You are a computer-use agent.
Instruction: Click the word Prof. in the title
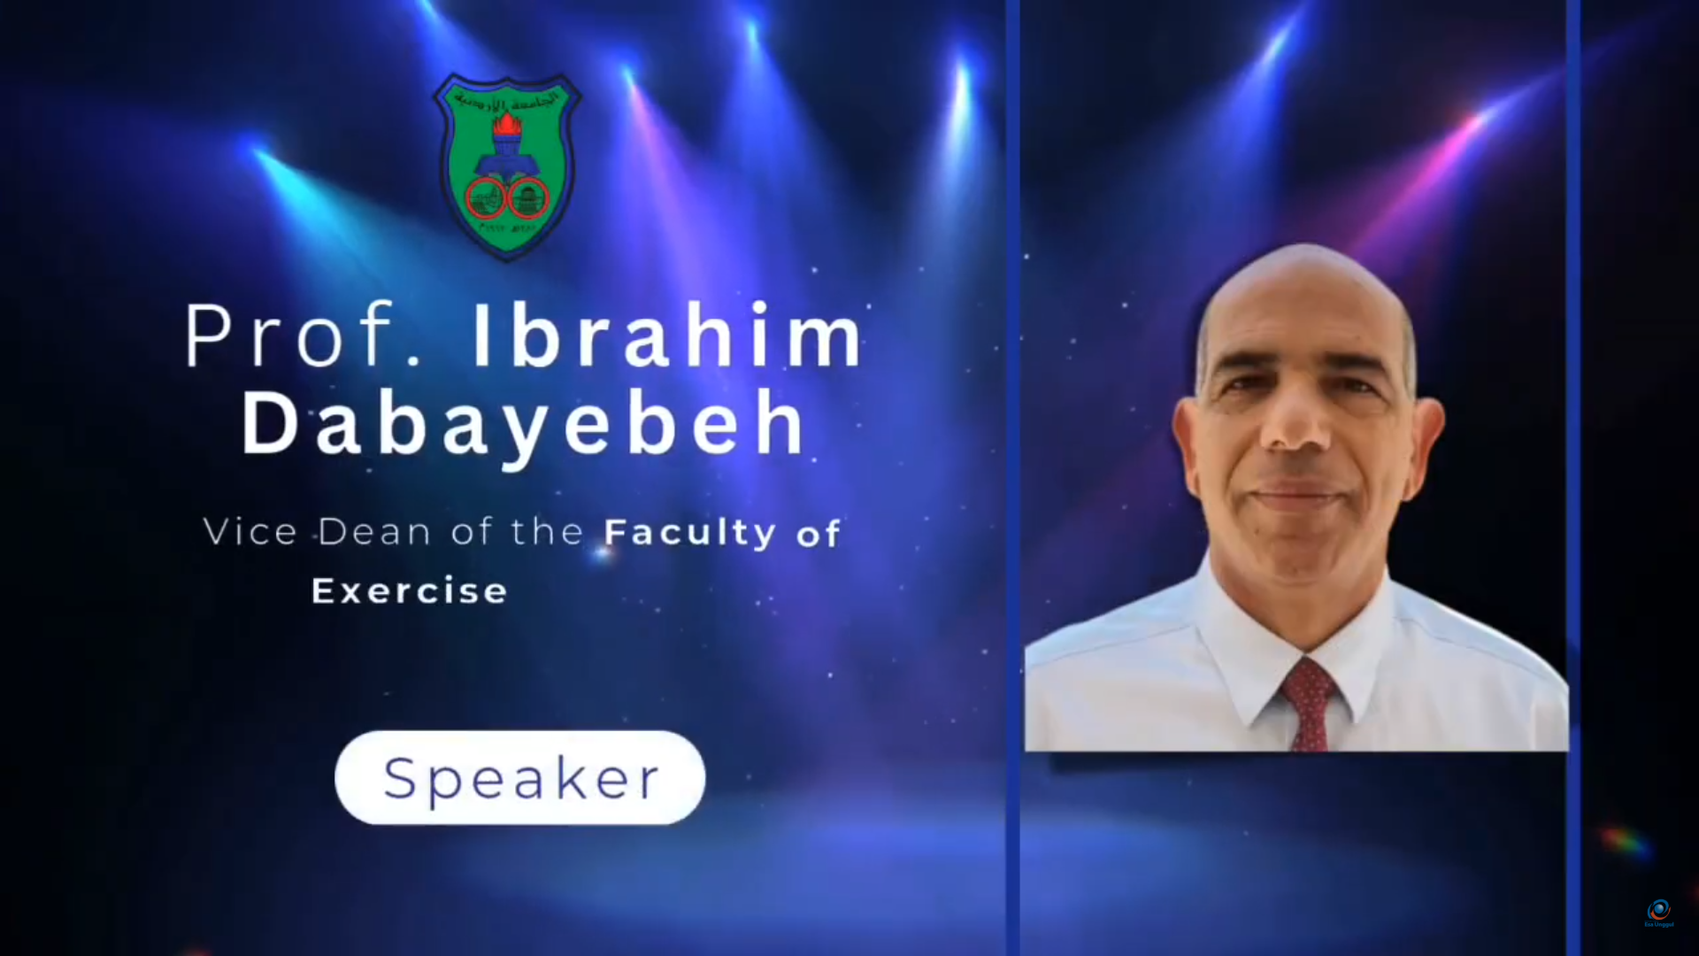pos(301,336)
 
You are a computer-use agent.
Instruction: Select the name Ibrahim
pos(667,336)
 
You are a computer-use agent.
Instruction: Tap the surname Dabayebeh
pos(524,425)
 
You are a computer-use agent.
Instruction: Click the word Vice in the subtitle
pos(250,532)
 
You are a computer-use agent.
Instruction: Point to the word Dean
pos(374,532)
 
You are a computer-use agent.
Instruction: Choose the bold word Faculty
pos(689,533)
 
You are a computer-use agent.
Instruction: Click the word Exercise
pos(410,590)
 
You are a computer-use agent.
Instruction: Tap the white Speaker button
pos(519,778)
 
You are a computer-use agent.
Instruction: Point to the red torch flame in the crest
pos(508,125)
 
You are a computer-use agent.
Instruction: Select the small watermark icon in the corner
pos(1658,911)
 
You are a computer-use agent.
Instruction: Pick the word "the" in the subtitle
pos(548,532)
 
